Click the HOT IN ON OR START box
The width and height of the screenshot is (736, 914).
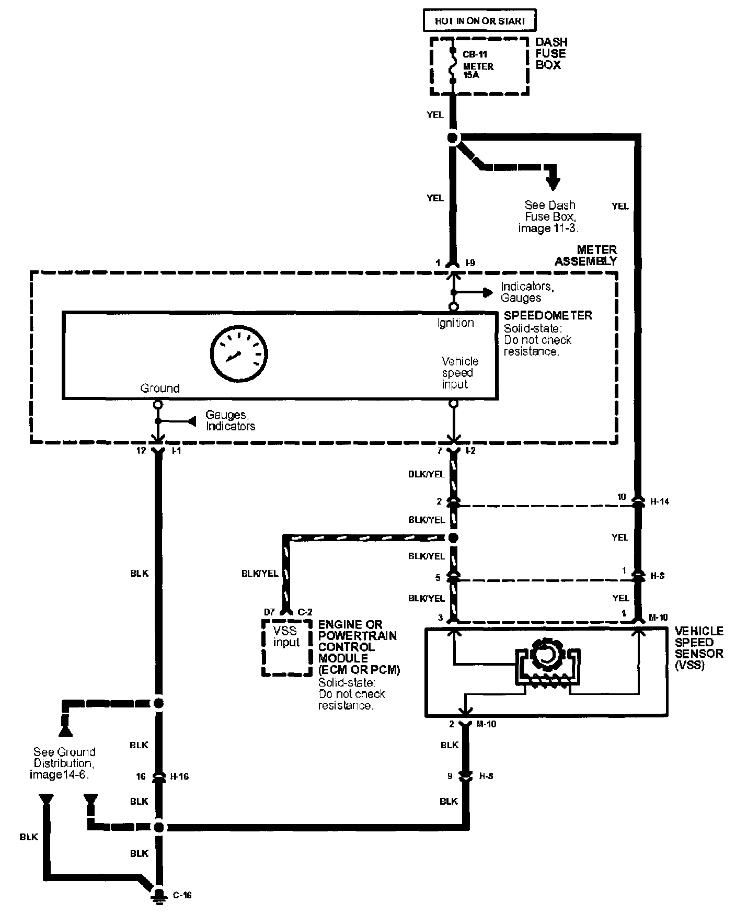pos(479,21)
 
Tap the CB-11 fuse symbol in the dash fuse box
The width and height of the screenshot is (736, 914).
pos(452,66)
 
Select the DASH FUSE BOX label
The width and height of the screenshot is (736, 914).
pos(550,53)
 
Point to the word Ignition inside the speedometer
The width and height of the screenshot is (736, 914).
pos(455,323)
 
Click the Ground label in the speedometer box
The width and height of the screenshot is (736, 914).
pos(159,388)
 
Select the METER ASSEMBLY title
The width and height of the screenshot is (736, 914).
pos(586,255)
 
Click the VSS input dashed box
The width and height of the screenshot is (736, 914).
pos(286,647)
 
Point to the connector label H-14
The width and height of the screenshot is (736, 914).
pos(659,501)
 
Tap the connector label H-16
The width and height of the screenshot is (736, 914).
pos(179,776)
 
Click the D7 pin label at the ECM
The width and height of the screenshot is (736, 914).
pos(270,612)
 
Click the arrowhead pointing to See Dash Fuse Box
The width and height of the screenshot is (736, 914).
pos(552,184)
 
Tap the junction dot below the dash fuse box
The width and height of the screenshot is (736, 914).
pos(453,138)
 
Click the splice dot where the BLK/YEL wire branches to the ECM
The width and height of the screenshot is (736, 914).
pos(453,538)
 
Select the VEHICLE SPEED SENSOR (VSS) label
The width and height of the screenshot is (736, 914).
pos(699,648)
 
